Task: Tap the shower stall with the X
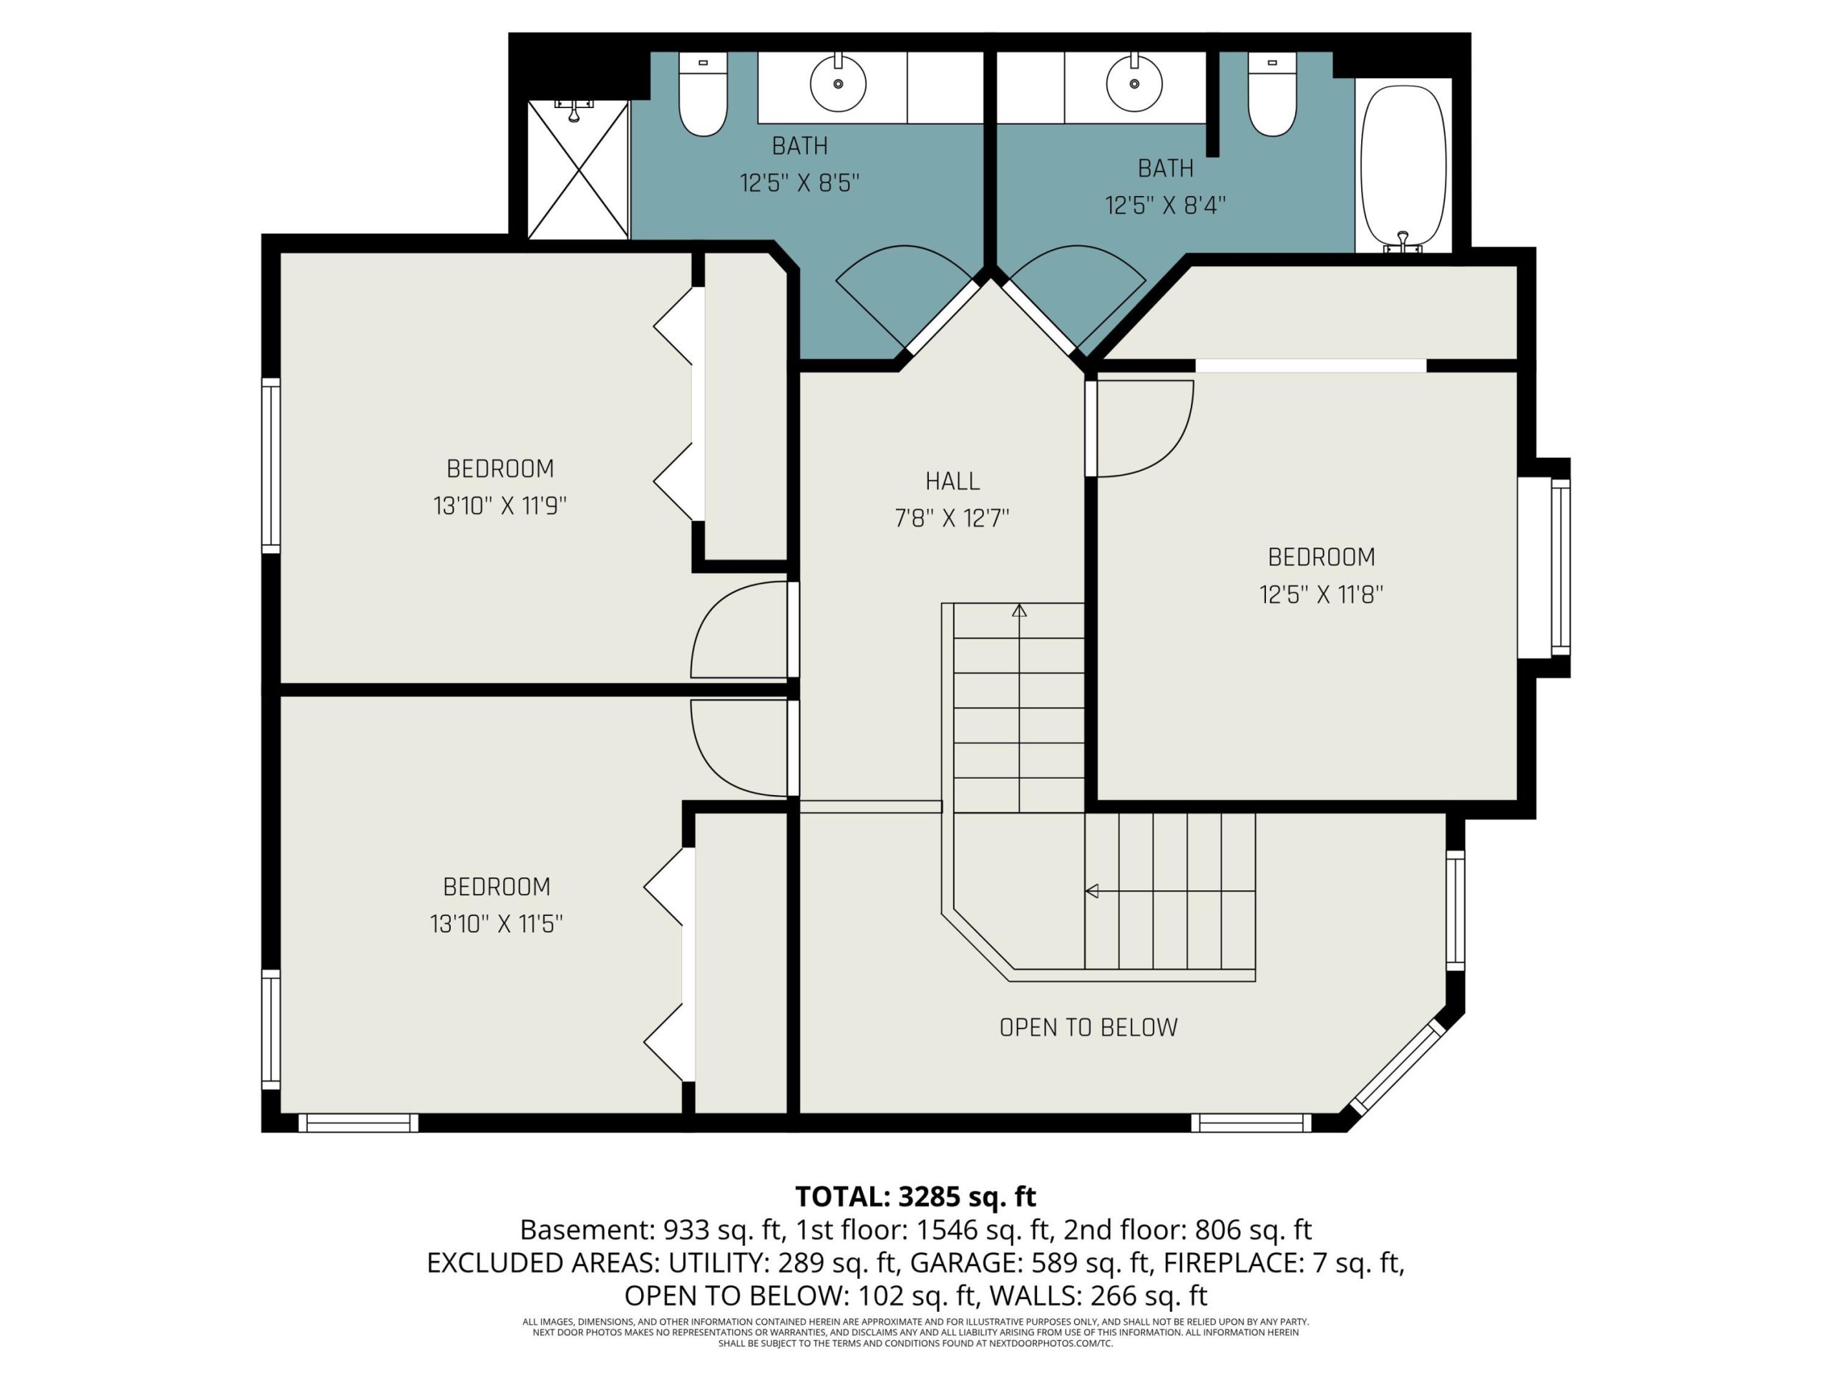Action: pyautogui.click(x=578, y=169)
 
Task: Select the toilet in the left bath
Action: pyautogui.click(x=703, y=94)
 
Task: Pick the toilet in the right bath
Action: pyautogui.click(x=1272, y=94)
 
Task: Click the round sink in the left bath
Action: pyautogui.click(x=838, y=83)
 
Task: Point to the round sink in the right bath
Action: pyautogui.click(x=1134, y=83)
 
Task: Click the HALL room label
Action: pyautogui.click(x=952, y=481)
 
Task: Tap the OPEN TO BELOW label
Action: pyautogui.click(x=1088, y=1028)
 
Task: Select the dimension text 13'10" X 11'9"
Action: pyautogui.click(x=500, y=506)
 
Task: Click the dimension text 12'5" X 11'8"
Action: pyautogui.click(x=1321, y=595)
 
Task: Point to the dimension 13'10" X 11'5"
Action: pyautogui.click(x=496, y=925)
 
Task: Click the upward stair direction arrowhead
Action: pyautogui.click(x=1020, y=610)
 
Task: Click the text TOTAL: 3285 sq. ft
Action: pyautogui.click(x=915, y=1197)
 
